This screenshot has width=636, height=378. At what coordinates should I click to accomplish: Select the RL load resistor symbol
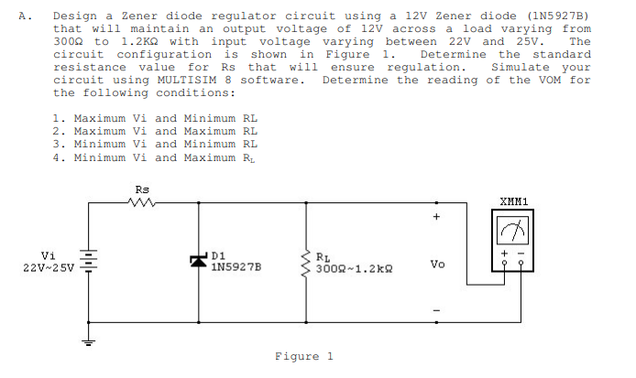pyautogui.click(x=305, y=262)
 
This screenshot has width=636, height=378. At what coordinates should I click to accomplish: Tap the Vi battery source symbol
pyautogui.click(x=89, y=262)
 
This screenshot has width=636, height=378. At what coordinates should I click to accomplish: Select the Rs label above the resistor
pyautogui.click(x=141, y=189)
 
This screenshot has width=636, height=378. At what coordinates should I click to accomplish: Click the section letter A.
pyautogui.click(x=21, y=16)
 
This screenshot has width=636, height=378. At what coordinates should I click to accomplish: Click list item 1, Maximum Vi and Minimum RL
pyautogui.click(x=155, y=118)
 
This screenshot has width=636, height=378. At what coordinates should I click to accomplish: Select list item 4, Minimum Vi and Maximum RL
pyautogui.click(x=155, y=157)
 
